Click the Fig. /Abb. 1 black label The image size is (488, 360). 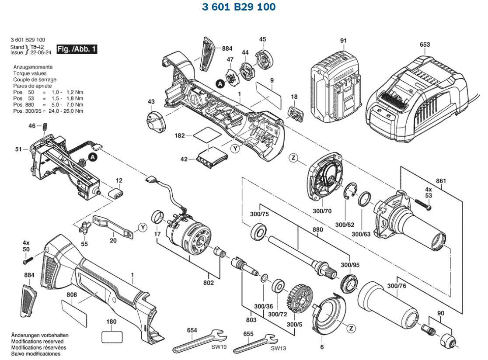tap(77, 49)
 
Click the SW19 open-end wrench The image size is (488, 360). tap(199, 340)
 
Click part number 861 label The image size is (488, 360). tap(441, 180)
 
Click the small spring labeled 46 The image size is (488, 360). tap(45, 127)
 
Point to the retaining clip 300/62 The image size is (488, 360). tap(350, 192)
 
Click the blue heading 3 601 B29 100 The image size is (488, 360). tap(239, 7)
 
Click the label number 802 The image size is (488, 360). tap(209, 283)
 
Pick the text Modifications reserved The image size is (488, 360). tap(37, 341)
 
